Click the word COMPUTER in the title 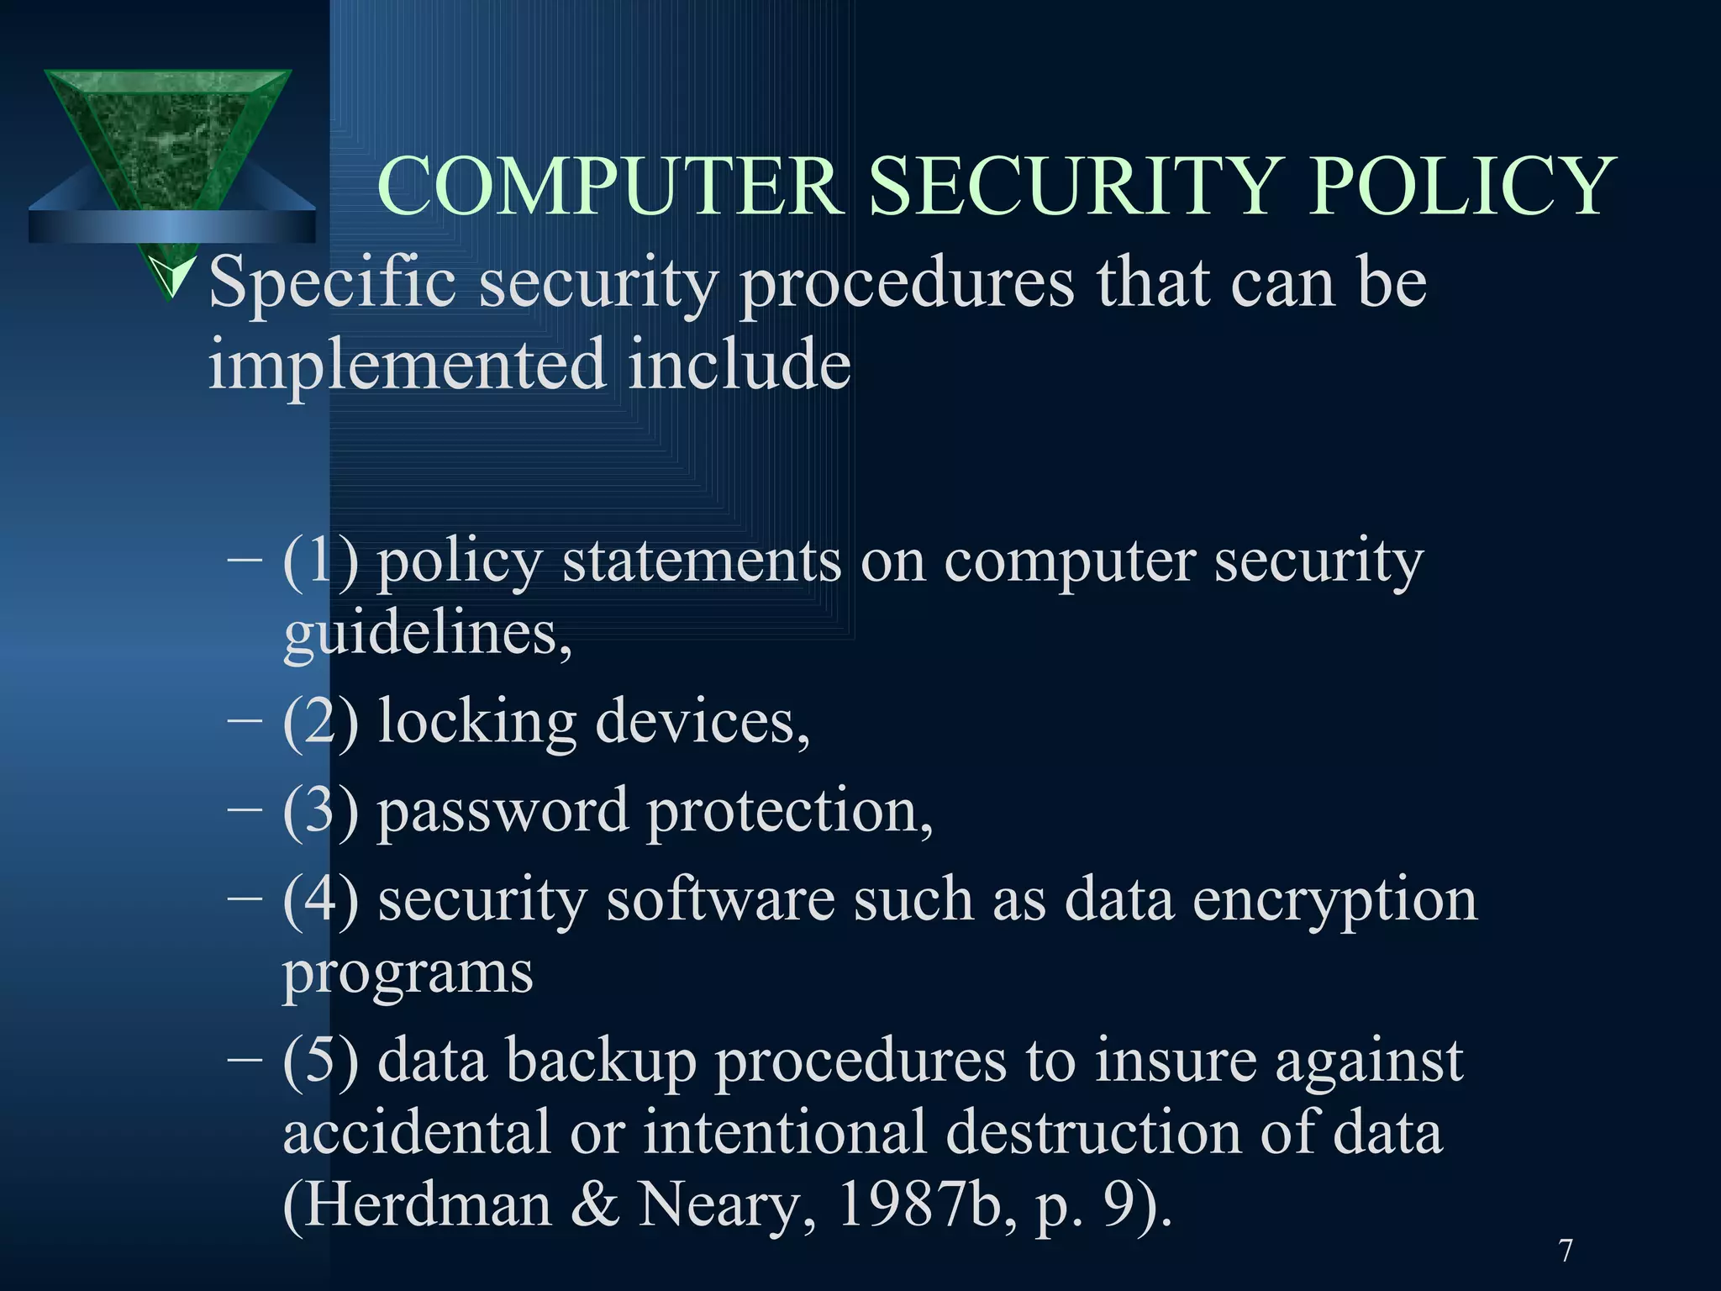(x=611, y=186)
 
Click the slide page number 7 (x=1566, y=1251)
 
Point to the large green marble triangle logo (x=168, y=134)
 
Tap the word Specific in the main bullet (x=333, y=284)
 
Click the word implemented (x=408, y=365)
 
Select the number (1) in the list (x=320, y=561)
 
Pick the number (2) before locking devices (x=320, y=721)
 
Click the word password (x=503, y=811)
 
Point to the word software (x=720, y=899)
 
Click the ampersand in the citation (x=594, y=1205)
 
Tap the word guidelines (x=427, y=634)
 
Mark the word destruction (x=1092, y=1132)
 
